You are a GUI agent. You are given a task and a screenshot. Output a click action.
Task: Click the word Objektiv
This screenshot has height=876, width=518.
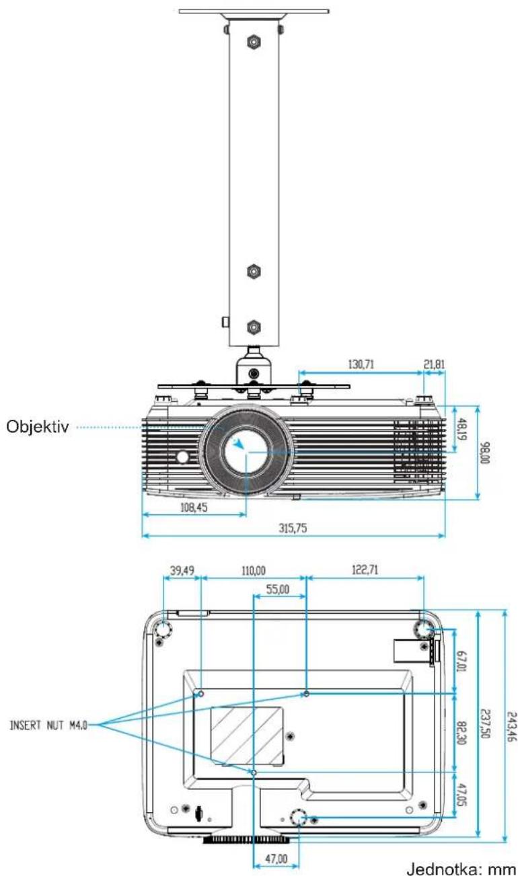(x=38, y=426)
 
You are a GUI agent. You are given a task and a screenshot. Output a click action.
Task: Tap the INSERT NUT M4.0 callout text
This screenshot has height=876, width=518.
(x=48, y=726)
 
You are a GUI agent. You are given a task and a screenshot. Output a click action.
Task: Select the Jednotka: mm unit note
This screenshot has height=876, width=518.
(x=461, y=867)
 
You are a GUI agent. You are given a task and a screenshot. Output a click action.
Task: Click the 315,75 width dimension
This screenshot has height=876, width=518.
(x=293, y=528)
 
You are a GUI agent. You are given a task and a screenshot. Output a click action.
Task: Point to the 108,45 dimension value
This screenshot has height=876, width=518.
(x=194, y=508)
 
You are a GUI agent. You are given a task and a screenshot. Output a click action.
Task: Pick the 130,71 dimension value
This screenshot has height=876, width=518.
(x=361, y=364)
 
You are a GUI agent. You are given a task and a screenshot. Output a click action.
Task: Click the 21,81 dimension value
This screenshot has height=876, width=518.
(x=435, y=364)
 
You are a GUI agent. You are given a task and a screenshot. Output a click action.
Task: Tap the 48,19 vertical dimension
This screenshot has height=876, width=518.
(x=462, y=429)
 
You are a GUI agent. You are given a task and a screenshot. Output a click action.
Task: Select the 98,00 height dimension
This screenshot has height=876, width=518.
(x=485, y=452)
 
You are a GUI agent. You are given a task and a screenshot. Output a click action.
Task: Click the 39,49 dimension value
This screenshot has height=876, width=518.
(x=182, y=571)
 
